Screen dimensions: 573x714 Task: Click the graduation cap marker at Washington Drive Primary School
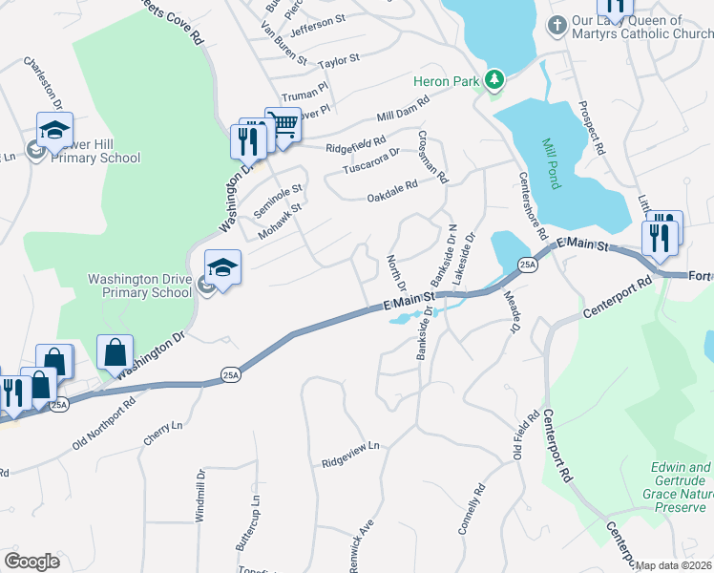(221, 268)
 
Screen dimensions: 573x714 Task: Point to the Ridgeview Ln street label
(351, 446)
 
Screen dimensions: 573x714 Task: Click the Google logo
(31, 561)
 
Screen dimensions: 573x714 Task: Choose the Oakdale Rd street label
(393, 198)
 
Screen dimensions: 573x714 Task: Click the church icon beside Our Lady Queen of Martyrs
(556, 24)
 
